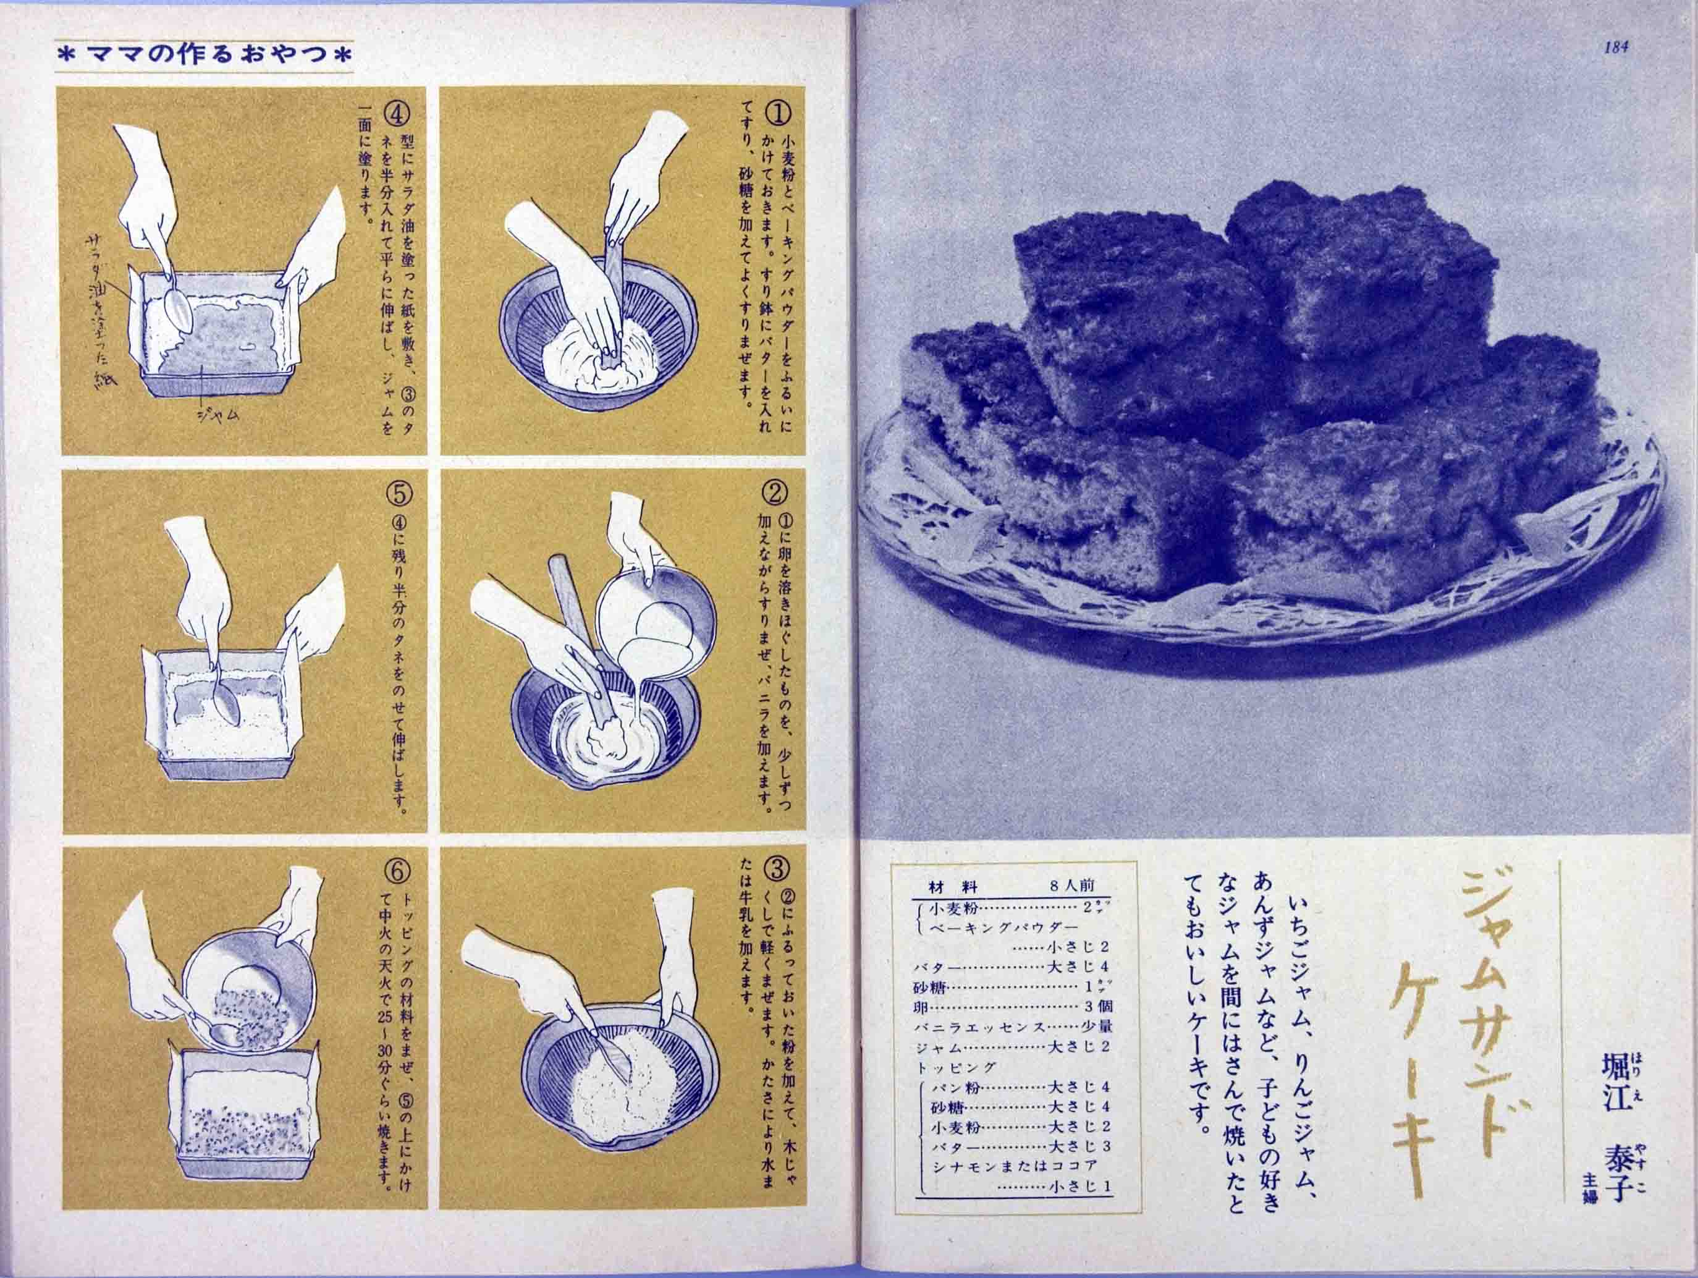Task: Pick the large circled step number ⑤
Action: tap(400, 494)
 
